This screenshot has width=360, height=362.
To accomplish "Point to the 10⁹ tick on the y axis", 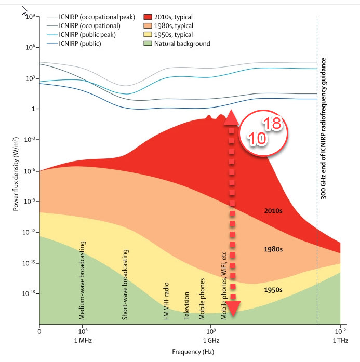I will [x=28, y=17].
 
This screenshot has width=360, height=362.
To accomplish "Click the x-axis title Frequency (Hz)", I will [x=190, y=351].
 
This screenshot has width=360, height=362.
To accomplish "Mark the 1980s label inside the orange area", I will [x=273, y=249].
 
